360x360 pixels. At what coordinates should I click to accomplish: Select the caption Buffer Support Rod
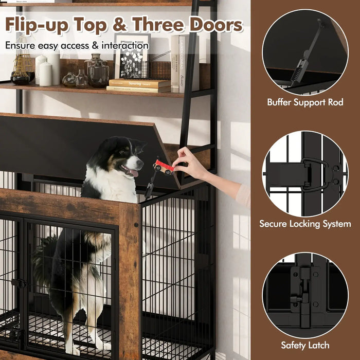point(305,102)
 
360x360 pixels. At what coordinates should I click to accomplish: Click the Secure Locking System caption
point(305,224)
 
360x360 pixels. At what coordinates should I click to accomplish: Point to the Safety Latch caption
point(305,345)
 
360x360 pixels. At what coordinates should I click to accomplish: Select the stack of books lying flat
point(138,85)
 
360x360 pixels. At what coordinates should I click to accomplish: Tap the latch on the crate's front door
point(19,283)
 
